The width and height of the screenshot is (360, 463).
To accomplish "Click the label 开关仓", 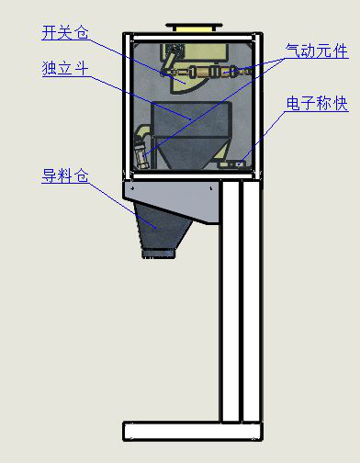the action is pyautogui.click(x=64, y=33).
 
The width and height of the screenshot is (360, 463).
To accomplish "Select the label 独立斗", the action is pyautogui.click(x=64, y=69).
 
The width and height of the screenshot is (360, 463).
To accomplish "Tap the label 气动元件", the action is pyautogui.click(x=318, y=53).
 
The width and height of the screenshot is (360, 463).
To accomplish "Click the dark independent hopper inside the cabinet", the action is pyautogui.click(x=188, y=133).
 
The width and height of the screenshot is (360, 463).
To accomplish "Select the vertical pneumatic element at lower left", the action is pyautogui.click(x=141, y=147).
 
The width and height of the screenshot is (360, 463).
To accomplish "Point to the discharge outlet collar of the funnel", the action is pyautogui.click(x=159, y=250).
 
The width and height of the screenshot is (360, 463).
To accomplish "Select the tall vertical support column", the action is pyautogui.click(x=231, y=303).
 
